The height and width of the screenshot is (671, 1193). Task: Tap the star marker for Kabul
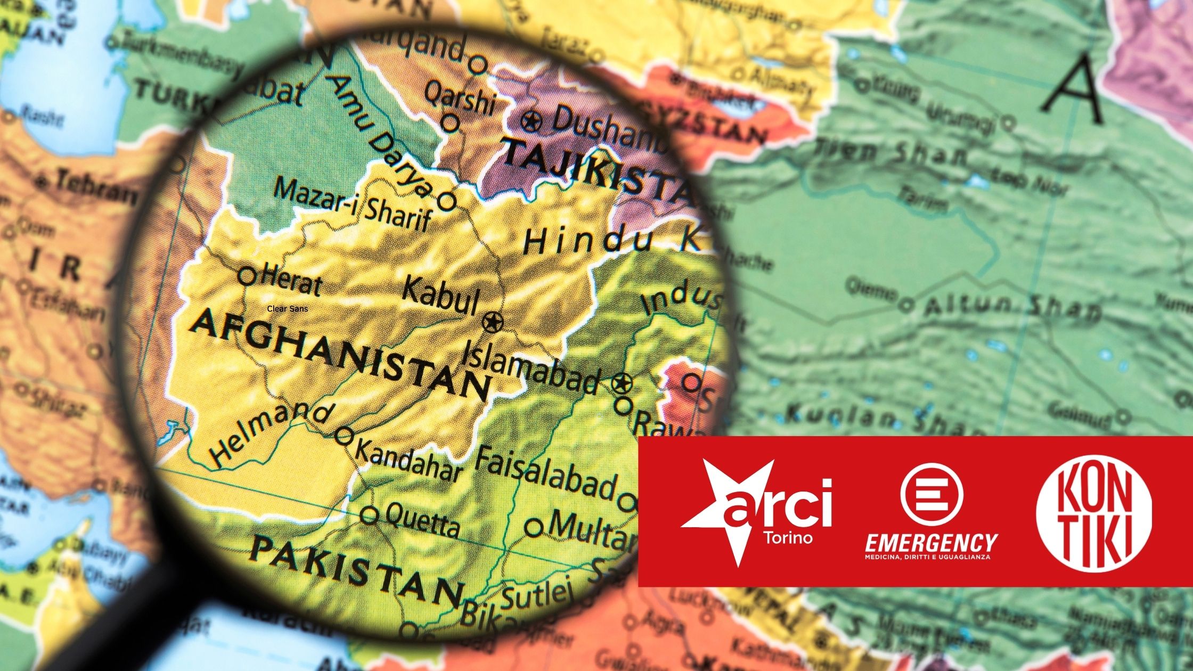click(492, 322)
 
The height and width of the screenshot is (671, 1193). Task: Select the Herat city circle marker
click(247, 276)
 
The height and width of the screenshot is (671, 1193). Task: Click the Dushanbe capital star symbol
click(530, 122)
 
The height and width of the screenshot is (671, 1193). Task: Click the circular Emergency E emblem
click(931, 493)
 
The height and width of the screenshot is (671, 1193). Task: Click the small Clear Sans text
click(288, 308)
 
